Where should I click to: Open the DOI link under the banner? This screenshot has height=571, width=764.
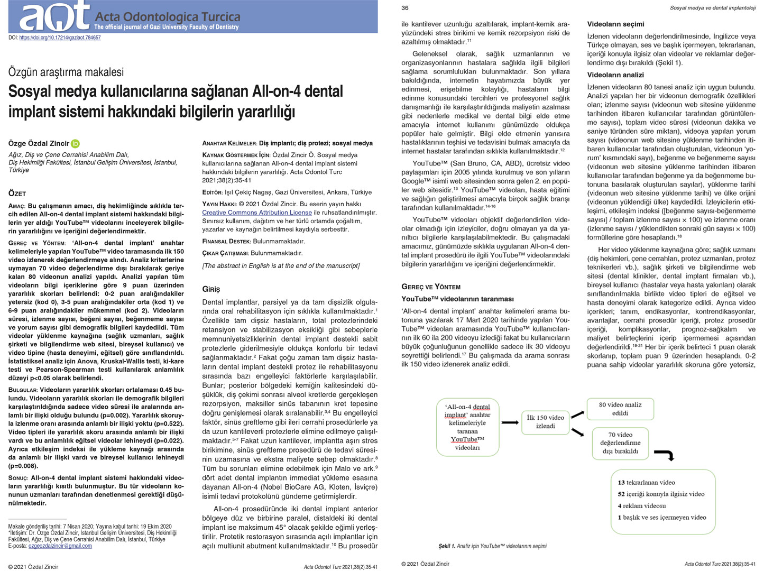tap(60, 38)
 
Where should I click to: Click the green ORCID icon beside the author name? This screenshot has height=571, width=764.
tap(76, 143)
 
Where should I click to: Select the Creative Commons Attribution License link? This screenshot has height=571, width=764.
tap(257, 213)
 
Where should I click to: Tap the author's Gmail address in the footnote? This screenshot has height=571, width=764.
tap(60, 546)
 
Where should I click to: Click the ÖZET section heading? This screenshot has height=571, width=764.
tap(17, 194)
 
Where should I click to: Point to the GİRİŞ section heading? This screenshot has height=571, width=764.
tap(211, 289)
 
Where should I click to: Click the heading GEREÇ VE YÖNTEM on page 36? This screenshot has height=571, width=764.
tap(431, 287)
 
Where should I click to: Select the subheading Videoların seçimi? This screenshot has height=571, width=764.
tap(615, 24)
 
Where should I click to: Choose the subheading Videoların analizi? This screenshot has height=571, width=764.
tap(615, 75)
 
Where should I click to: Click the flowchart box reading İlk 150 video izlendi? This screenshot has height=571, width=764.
tap(545, 421)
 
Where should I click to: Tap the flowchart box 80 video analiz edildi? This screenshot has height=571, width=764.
tap(620, 409)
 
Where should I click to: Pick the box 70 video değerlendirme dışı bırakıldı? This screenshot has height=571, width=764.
tap(620, 443)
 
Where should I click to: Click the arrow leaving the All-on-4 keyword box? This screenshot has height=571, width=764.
tap(510, 422)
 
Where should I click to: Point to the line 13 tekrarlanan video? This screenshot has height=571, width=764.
tap(646, 482)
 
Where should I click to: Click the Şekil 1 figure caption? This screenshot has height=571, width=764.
tap(492, 546)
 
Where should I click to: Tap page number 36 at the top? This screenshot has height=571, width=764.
tap(405, 8)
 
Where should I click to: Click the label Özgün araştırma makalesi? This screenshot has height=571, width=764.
tap(66, 72)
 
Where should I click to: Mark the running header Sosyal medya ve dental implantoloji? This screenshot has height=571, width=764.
tap(712, 8)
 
